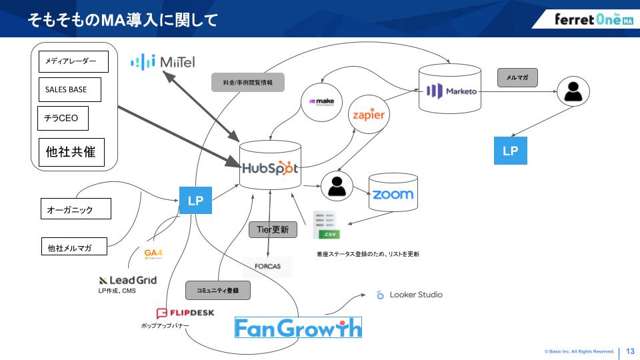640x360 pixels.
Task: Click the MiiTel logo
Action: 163,62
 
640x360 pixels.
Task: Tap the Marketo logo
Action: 453,90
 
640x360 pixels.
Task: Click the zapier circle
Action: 369,115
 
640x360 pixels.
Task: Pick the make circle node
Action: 321,102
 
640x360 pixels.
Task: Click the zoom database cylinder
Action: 393,194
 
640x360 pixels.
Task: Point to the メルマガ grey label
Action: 517,77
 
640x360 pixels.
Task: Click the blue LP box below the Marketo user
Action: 510,151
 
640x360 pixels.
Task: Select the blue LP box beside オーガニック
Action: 195,200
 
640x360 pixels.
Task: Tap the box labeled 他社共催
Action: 71,152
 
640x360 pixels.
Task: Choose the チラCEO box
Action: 62,118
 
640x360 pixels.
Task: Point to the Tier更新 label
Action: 273,229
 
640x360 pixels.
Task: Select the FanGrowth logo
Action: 298,327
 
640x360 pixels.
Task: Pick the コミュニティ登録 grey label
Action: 217,291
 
